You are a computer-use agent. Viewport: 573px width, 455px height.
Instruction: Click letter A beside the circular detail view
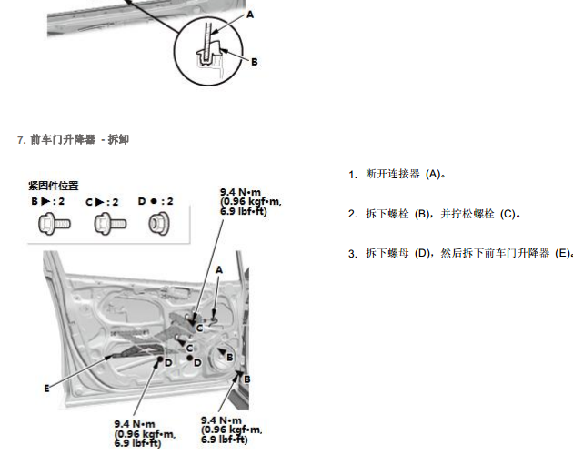250,15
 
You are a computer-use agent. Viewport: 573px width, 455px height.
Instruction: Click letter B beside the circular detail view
255,62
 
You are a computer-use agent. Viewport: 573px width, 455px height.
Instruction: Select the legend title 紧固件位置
54,186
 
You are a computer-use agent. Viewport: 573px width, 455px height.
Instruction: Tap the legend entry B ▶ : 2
48,201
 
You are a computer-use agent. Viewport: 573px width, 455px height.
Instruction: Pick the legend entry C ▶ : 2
102,202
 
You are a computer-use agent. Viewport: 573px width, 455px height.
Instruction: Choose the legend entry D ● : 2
156,201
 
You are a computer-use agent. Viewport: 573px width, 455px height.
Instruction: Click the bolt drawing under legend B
55,224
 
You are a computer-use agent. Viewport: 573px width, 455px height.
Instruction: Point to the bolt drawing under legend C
110,224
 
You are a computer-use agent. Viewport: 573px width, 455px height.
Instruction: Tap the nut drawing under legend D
159,224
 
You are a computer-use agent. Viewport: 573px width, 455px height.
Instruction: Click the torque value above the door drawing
251,202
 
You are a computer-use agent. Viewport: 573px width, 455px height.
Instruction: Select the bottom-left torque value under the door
145,434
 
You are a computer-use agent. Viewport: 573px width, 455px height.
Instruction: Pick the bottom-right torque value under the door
231,430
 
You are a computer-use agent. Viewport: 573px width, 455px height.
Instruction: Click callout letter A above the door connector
219,270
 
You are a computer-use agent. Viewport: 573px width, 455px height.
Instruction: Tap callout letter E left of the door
46,389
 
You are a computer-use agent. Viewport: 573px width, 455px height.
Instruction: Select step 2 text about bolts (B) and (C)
443,214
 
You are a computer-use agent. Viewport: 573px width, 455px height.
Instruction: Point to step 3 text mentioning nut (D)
468,253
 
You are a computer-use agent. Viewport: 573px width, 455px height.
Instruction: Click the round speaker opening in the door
223,359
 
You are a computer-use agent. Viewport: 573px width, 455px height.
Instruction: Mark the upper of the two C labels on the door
199,329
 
